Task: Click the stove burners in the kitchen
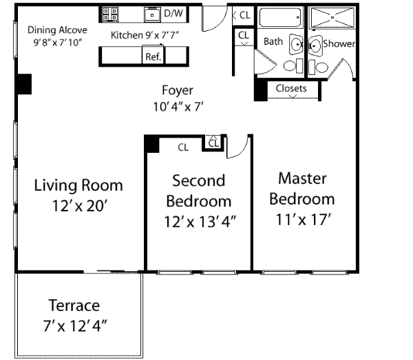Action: tap(110, 14)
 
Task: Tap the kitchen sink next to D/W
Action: tap(152, 14)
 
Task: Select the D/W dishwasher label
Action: tap(173, 13)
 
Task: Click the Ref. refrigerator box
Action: tap(153, 55)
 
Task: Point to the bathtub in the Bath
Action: tap(279, 17)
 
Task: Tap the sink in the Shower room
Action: tap(315, 45)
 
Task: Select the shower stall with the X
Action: tap(332, 17)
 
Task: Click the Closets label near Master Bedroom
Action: tap(291, 88)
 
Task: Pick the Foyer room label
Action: tap(178, 90)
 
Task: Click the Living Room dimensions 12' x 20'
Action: tap(80, 206)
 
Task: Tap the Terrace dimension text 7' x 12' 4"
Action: tap(75, 326)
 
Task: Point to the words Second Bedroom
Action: tap(199, 191)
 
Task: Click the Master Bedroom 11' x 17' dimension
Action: tap(303, 220)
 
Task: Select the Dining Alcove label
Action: tap(57, 30)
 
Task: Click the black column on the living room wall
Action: tap(24, 84)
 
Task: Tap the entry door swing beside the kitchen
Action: tap(214, 18)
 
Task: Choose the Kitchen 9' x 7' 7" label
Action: tap(145, 35)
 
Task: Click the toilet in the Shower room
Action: tap(318, 67)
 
